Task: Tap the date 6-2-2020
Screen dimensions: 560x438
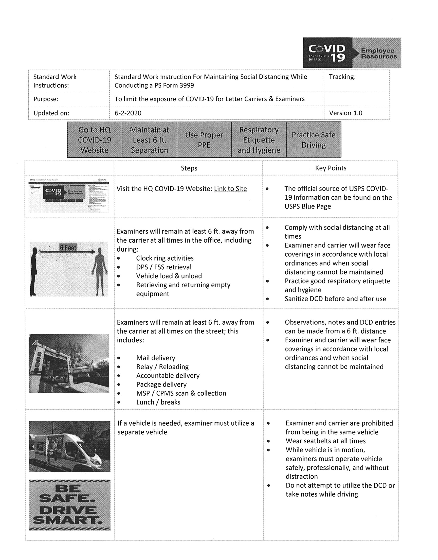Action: (x=128, y=113)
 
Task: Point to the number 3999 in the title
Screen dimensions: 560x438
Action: (x=187, y=85)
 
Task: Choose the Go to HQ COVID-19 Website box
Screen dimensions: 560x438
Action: (x=95, y=140)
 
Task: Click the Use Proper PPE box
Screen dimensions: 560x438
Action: (x=204, y=140)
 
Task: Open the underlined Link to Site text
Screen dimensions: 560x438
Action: (x=230, y=189)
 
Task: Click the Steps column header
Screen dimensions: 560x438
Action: (x=189, y=168)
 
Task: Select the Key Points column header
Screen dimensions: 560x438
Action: (x=331, y=168)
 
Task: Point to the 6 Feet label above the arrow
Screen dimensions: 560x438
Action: (x=68, y=248)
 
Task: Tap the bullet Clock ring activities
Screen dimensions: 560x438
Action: (x=165, y=258)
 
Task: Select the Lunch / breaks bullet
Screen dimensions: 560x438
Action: (x=158, y=402)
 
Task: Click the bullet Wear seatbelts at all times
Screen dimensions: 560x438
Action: (x=325, y=441)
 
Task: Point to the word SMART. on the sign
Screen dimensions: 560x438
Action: (x=68, y=520)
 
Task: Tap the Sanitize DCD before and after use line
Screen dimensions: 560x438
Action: (x=335, y=299)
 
